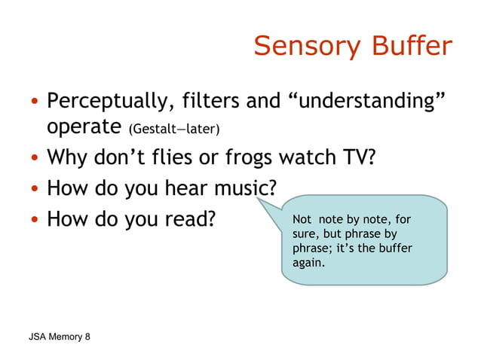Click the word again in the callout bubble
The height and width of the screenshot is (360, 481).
pyautogui.click(x=309, y=263)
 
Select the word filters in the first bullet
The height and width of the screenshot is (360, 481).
pyautogui.click(x=216, y=101)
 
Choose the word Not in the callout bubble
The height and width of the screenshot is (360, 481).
pyautogui.click(x=302, y=220)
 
